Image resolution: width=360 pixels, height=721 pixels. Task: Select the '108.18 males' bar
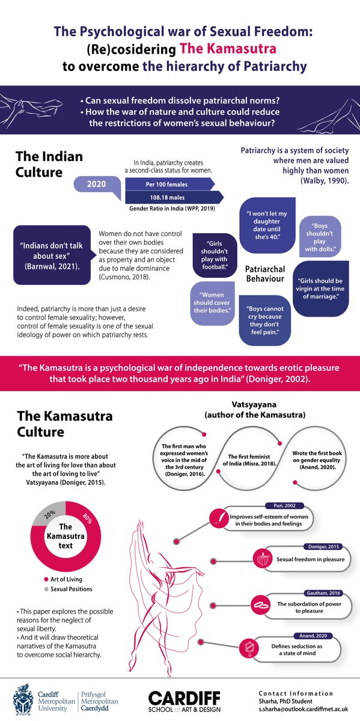pos(171,197)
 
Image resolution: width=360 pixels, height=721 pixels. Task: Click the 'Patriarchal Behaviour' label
pos(265,274)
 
